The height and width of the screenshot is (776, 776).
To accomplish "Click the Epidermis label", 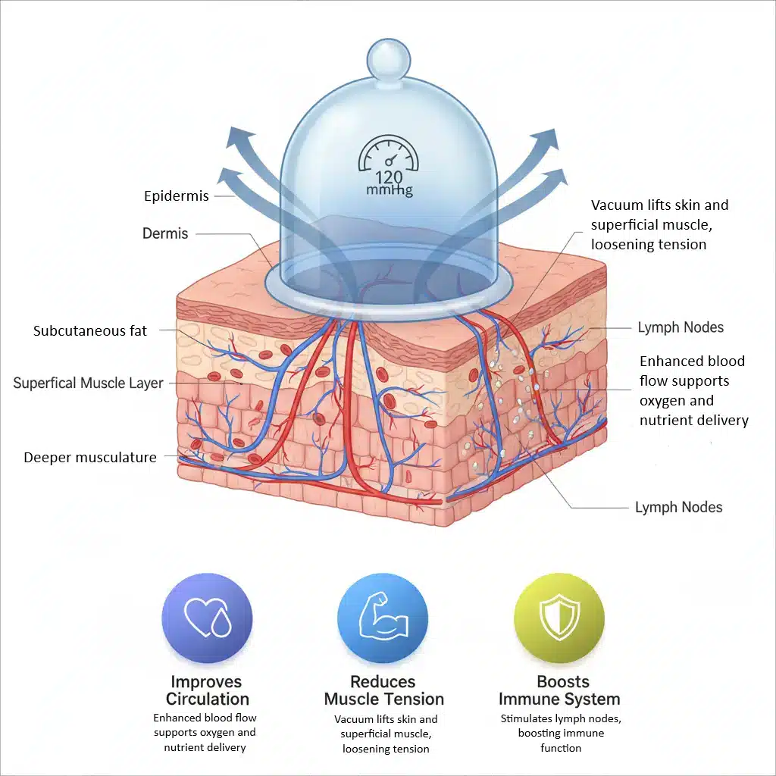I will (177, 196).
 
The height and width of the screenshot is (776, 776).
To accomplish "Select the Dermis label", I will (165, 233).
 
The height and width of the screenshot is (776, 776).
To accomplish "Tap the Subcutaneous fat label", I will (90, 331).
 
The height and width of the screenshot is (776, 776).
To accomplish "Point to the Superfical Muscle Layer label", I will (88, 383).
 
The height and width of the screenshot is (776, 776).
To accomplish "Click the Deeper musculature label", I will (90, 457).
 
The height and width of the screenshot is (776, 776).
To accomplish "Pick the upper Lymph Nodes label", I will (680, 327).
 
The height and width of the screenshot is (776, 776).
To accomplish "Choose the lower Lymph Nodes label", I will (678, 507).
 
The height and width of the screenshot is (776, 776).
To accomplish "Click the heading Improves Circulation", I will (207, 690).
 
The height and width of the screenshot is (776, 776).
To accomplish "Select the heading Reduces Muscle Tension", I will (383, 690).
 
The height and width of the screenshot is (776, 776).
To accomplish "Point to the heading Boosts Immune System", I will (559, 690).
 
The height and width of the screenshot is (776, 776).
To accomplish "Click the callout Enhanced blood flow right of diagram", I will (693, 390).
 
